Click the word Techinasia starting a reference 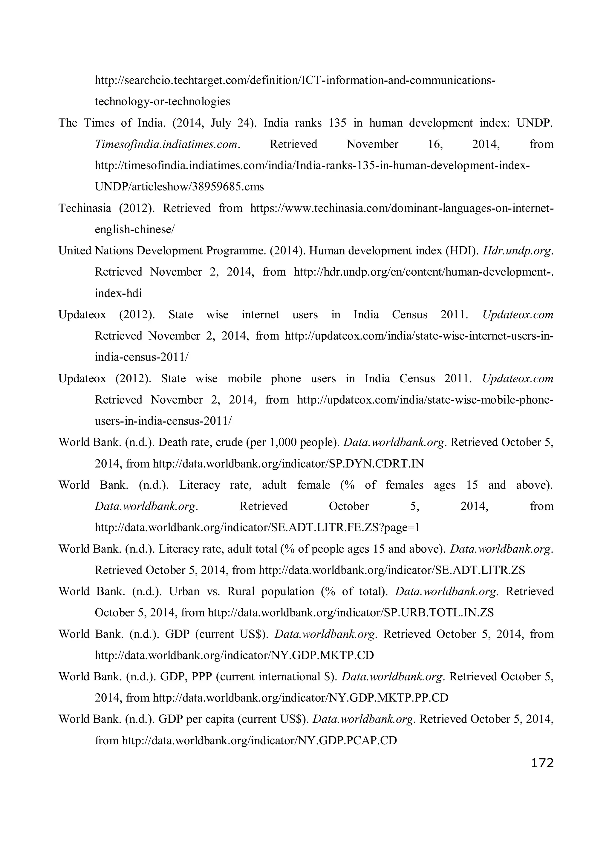(85, 208)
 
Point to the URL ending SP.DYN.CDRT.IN (288, 464)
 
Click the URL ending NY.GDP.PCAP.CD (259, 740)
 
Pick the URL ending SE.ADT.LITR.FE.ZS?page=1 (257, 527)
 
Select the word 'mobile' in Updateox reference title (244, 379)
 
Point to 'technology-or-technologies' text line (162, 101)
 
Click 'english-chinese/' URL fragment (134, 230)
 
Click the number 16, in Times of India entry (435, 144)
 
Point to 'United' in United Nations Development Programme (75, 251)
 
